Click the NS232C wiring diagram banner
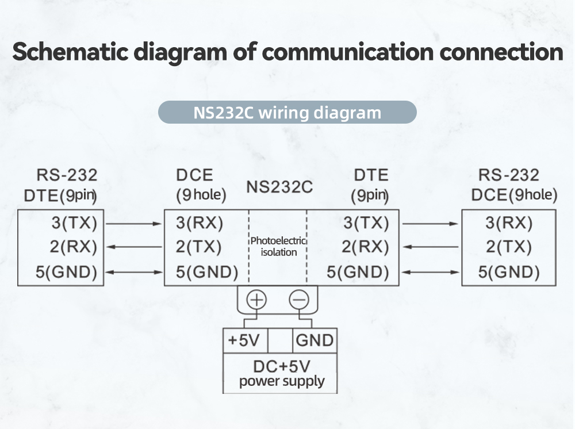tap(287, 112)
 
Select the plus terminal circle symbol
tap(256, 300)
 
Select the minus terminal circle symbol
tap(298, 300)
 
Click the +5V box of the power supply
tap(244, 340)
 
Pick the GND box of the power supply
tap(315, 340)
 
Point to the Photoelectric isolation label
tap(278, 247)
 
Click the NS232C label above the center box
tap(279, 187)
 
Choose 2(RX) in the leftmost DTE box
tap(73, 247)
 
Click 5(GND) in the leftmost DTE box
tap(66, 271)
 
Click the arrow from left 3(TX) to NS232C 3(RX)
tap(134, 223)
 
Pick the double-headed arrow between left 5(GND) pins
tap(134, 271)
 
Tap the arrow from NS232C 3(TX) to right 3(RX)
tap(430, 223)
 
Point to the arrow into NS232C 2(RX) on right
tap(430, 247)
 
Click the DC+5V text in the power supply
tap(281, 366)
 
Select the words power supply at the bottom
tap(282, 381)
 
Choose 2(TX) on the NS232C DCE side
tap(199, 247)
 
